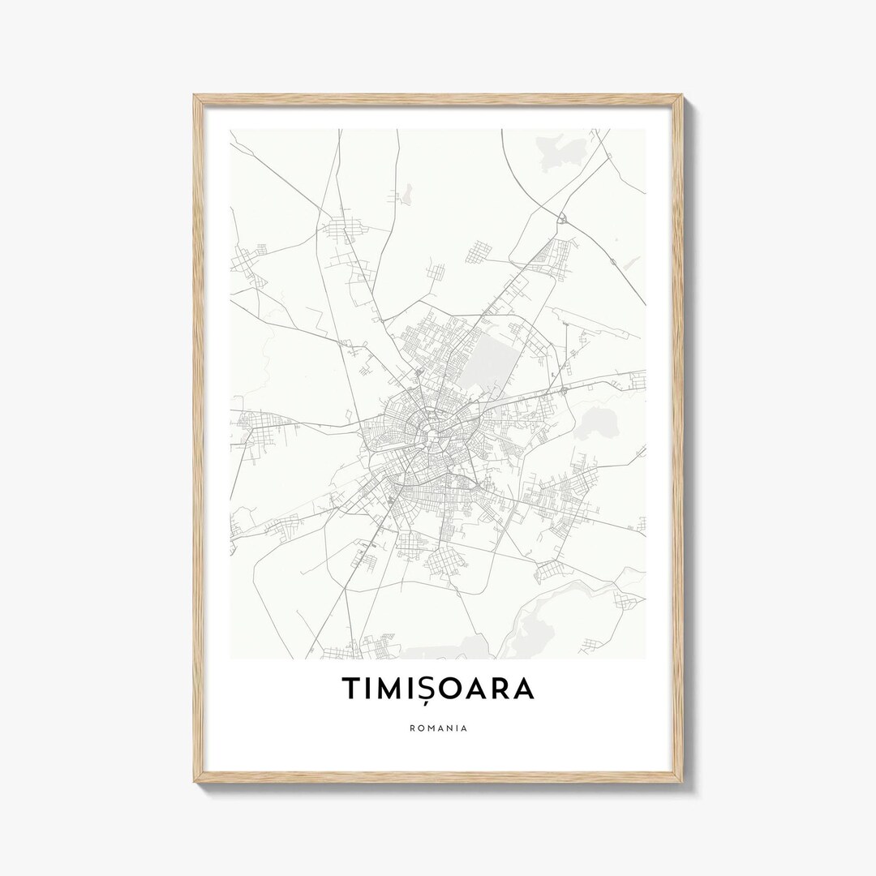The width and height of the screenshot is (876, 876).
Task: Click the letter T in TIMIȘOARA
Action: [x=351, y=688]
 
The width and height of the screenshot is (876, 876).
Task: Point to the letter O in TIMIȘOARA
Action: [x=457, y=688]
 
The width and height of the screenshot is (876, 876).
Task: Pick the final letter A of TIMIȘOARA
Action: [x=524, y=688]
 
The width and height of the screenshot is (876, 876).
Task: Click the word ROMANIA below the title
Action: [x=438, y=728]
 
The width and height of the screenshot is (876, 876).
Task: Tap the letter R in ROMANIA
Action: [x=412, y=728]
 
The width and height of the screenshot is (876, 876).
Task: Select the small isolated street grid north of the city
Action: [x=479, y=251]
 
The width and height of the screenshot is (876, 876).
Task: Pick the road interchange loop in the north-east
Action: [x=561, y=217]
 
